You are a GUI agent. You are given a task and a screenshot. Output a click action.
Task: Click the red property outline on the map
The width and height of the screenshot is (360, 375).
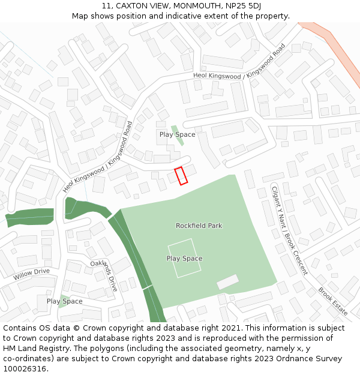click(x=181, y=175)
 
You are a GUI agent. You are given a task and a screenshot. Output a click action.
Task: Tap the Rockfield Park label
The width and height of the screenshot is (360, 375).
click(x=199, y=226)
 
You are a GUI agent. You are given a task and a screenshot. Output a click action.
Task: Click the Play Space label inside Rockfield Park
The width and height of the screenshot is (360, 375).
click(x=184, y=259)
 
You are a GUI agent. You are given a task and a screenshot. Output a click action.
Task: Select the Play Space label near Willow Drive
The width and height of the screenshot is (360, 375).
click(x=64, y=301)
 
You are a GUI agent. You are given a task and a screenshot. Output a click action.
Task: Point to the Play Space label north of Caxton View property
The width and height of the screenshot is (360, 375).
click(x=177, y=134)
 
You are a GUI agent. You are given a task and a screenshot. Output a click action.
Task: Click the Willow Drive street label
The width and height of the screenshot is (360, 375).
click(x=32, y=274)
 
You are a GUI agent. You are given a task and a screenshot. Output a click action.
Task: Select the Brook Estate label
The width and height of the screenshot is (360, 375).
click(x=333, y=301)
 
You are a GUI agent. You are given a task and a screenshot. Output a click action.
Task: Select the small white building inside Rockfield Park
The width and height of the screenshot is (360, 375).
click(x=227, y=282)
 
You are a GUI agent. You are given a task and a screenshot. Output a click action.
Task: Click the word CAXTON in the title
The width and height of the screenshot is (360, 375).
click(x=134, y=6)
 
